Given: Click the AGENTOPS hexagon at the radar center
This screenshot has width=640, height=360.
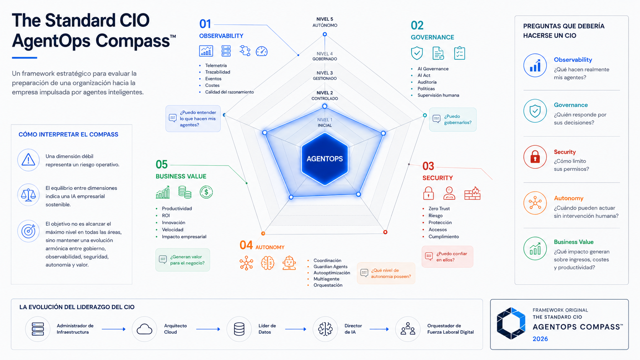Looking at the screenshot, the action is (x=325, y=159).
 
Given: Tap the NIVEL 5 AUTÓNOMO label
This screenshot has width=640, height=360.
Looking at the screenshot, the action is (x=325, y=22).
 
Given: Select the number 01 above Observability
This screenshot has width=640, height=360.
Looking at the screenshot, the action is (x=205, y=24).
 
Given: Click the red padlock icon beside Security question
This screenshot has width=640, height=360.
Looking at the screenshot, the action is (x=535, y=157).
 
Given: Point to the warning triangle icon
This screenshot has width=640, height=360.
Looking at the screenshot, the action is (x=28, y=160).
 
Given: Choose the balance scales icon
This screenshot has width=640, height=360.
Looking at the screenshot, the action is (x=28, y=195).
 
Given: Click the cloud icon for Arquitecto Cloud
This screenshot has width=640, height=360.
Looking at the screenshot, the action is (x=144, y=329).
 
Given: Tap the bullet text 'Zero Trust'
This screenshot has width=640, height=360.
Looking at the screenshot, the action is (x=439, y=209).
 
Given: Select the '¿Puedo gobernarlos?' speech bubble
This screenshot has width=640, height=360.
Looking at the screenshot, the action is (x=453, y=119).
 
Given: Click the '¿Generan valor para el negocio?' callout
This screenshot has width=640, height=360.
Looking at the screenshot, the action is (x=183, y=260).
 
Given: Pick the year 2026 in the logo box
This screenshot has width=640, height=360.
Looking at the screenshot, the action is (x=540, y=339).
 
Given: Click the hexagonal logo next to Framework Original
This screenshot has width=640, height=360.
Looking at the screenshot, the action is (x=511, y=323).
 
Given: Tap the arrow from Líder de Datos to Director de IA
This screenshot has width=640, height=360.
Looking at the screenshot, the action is (x=296, y=329).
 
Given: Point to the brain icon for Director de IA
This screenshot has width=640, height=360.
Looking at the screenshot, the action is (x=325, y=329).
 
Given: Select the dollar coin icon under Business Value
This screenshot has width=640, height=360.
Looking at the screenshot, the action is (x=206, y=192).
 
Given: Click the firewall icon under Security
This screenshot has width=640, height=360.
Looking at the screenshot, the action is (x=472, y=193).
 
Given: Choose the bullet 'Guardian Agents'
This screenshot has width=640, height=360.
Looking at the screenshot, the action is (x=331, y=267).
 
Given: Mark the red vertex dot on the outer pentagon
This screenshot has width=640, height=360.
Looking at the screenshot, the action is (x=385, y=232).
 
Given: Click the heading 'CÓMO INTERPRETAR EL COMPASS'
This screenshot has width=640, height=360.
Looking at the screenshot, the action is (x=68, y=134).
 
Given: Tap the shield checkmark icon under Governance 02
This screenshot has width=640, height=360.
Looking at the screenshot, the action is (x=417, y=53).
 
